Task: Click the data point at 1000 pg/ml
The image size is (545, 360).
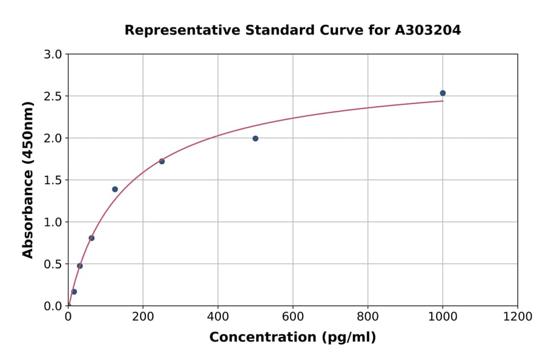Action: (x=443, y=93)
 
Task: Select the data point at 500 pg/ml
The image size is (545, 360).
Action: (x=256, y=138)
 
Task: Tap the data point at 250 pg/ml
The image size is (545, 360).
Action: (x=162, y=161)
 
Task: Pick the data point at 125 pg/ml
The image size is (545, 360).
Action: (x=115, y=189)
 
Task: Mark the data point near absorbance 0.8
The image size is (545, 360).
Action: (x=91, y=238)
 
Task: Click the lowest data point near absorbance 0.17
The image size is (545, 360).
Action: (x=74, y=292)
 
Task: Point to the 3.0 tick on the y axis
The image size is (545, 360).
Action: (x=53, y=55)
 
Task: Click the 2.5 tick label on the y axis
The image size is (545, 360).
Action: (x=53, y=96)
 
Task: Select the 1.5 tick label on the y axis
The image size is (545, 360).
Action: (x=53, y=180)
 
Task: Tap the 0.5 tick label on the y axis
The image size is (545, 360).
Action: (x=53, y=264)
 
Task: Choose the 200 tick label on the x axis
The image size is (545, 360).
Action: (x=143, y=317)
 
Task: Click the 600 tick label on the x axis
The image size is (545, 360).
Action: (x=292, y=317)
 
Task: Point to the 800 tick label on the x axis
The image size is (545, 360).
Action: (x=368, y=317)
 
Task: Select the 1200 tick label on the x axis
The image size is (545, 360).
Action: (x=517, y=317)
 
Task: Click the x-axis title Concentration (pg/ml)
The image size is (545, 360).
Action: (x=292, y=338)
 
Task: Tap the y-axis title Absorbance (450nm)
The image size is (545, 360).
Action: (x=28, y=179)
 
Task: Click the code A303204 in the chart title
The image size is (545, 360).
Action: (x=429, y=30)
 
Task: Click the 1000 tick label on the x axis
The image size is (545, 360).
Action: (x=443, y=317)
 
